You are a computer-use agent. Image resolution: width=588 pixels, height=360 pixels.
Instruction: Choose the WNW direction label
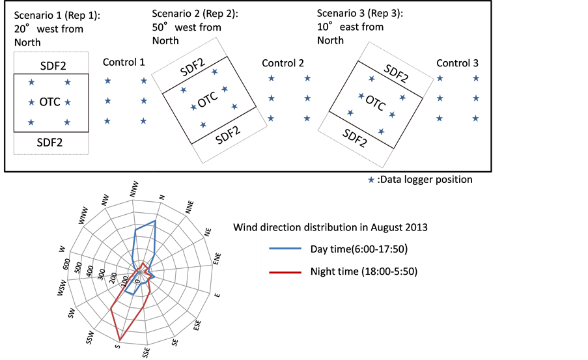84,217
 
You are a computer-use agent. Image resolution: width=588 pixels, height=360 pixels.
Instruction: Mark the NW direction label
106,199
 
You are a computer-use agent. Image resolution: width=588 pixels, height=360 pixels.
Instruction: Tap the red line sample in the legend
285,271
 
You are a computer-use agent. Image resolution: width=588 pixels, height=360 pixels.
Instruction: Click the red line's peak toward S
119,340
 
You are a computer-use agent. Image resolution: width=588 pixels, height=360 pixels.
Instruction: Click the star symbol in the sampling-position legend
371,180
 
